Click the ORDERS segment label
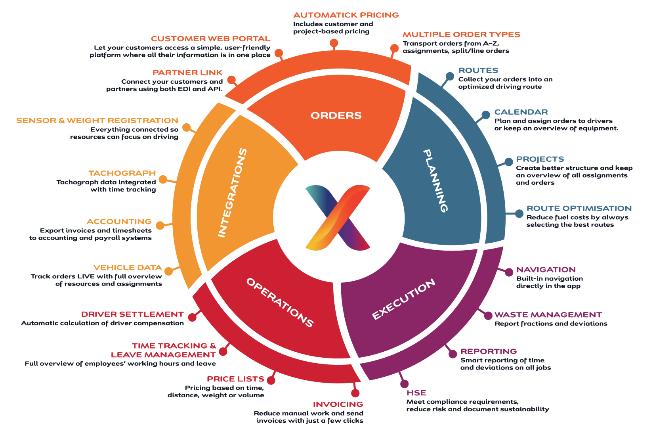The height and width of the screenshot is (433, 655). (x=336, y=115)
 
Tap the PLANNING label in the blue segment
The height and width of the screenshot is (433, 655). (x=435, y=181)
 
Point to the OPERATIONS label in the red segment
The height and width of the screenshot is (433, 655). (x=280, y=302)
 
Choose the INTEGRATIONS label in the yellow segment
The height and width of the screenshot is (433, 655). (x=233, y=193)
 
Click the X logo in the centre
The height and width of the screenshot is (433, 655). (x=338, y=218)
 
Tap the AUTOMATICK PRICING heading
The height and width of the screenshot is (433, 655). (x=346, y=15)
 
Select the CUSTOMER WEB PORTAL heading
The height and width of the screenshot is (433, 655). (x=210, y=39)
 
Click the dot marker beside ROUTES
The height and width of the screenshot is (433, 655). (x=450, y=76)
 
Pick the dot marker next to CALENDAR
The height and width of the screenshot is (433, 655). (x=486, y=115)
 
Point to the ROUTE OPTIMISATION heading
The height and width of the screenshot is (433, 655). (x=579, y=209)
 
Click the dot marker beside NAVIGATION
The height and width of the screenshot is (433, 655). (x=509, y=272)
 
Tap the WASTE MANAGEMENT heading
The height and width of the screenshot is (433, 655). (x=548, y=315)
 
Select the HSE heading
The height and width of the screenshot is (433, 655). (x=416, y=393)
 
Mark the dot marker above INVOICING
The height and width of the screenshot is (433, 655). (x=355, y=393)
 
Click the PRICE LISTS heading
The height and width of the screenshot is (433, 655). (x=235, y=379)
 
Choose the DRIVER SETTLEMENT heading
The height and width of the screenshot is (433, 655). (x=132, y=314)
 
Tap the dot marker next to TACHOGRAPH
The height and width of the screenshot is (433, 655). (x=163, y=180)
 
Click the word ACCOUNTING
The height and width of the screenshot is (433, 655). (x=119, y=222)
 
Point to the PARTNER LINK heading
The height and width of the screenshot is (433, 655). (x=187, y=73)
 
